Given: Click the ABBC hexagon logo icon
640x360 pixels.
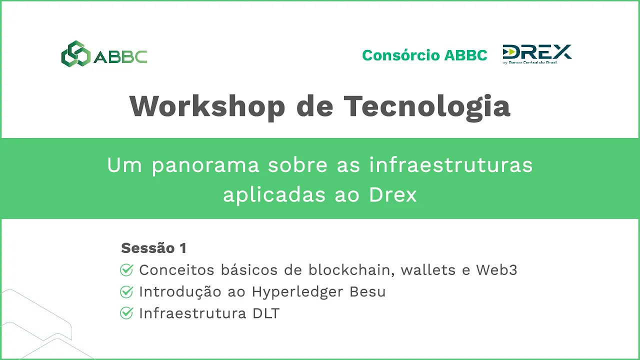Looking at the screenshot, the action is coord(76,53).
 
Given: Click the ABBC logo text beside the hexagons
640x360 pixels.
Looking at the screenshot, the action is coord(120,56).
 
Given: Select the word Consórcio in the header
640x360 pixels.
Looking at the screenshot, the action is coord(401,55).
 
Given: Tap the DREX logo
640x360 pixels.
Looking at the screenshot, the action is coord(537,54).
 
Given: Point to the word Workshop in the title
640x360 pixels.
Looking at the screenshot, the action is coord(207,106).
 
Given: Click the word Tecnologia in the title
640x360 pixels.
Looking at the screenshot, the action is coord(427,106).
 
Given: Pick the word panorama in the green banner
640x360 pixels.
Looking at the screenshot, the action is coord(205,165).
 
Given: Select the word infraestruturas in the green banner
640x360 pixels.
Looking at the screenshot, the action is coord(451,165).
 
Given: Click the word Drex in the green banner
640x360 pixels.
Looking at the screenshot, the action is coord(393,195).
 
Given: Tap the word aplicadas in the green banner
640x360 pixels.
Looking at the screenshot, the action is coord(274,195).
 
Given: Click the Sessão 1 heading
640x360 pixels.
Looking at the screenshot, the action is coord(153,247).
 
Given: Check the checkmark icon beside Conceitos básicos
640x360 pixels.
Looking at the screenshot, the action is coord(126,270).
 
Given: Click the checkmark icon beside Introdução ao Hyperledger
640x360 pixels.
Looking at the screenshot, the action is coord(126,291).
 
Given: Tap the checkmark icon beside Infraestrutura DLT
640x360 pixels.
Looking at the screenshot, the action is coord(126,313).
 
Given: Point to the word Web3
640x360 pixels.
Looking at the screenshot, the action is coord(496,270).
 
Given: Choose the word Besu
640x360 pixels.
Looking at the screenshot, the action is coord(367,292).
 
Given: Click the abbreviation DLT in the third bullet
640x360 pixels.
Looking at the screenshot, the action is coord(266,313).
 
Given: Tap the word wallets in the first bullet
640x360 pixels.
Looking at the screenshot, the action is coord(428,270).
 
